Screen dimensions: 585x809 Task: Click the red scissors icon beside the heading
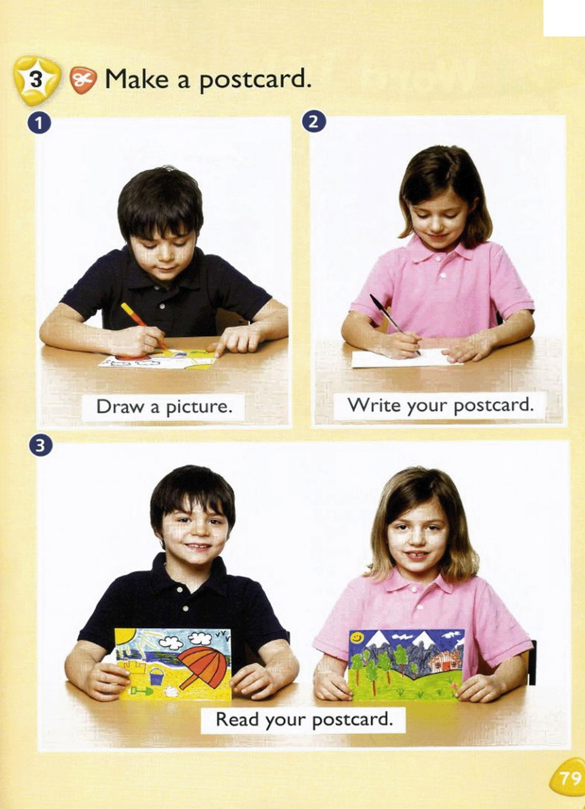click(x=83, y=80)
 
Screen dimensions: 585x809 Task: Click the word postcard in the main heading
click(x=254, y=79)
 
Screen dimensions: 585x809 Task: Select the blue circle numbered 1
click(x=39, y=123)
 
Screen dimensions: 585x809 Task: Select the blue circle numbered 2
click(x=314, y=122)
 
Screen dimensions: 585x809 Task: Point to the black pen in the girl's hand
click(x=394, y=324)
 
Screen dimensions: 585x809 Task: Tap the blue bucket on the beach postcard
click(x=157, y=675)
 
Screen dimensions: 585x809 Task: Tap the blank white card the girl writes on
click(x=407, y=358)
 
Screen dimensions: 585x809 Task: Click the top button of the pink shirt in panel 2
click(x=438, y=259)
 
